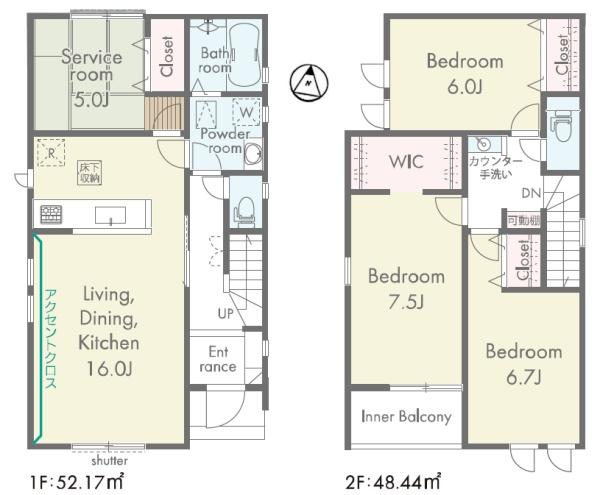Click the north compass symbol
click(308, 83)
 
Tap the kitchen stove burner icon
click(51, 214)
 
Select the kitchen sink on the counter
click(110, 215)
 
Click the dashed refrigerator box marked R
click(51, 153)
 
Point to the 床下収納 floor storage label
click(90, 173)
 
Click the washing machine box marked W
click(247, 112)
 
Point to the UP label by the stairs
click(225, 314)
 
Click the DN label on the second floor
click(531, 193)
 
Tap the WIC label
click(406, 162)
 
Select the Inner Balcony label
click(406, 416)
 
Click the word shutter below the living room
click(109, 461)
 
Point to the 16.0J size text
click(109, 368)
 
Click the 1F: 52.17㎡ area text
click(77, 482)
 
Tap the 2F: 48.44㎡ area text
click(393, 482)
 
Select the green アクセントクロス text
click(51, 339)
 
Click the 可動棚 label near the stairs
click(524, 220)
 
